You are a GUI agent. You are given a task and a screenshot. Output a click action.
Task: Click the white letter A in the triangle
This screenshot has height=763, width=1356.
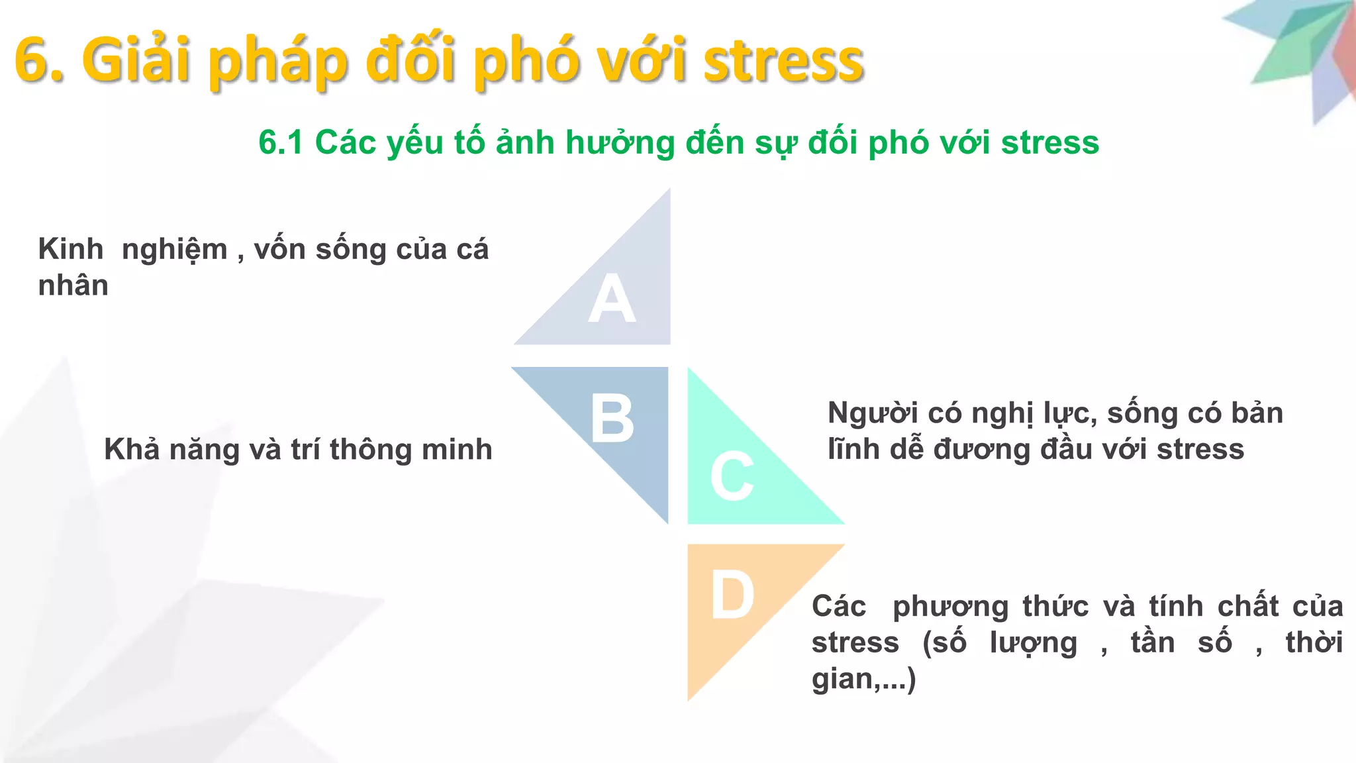(612, 299)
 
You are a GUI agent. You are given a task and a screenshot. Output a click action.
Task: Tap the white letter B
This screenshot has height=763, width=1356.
(612, 419)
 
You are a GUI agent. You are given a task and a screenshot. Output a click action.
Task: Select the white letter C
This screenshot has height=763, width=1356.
(732, 477)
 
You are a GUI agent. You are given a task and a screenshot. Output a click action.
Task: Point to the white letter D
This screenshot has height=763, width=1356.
(732, 596)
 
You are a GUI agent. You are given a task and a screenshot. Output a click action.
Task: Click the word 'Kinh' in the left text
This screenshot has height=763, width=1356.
(71, 250)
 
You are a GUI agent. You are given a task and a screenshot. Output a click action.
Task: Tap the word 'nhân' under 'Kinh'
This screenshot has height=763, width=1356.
(73, 285)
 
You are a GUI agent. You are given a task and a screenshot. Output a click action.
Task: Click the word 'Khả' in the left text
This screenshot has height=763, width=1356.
(132, 450)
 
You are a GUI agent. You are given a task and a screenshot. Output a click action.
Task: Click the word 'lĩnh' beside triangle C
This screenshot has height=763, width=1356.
(853, 450)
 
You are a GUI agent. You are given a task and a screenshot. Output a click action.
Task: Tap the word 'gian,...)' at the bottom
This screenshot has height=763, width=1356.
(863, 679)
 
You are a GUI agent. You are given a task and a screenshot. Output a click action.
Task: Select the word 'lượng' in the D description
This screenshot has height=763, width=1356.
(1034, 643)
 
